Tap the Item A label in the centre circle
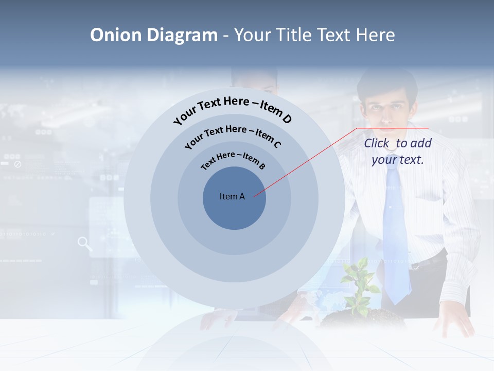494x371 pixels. (x=232, y=196)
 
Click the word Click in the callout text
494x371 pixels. (x=378, y=143)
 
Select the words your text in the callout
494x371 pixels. (x=397, y=160)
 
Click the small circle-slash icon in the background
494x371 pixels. (x=17, y=164)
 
